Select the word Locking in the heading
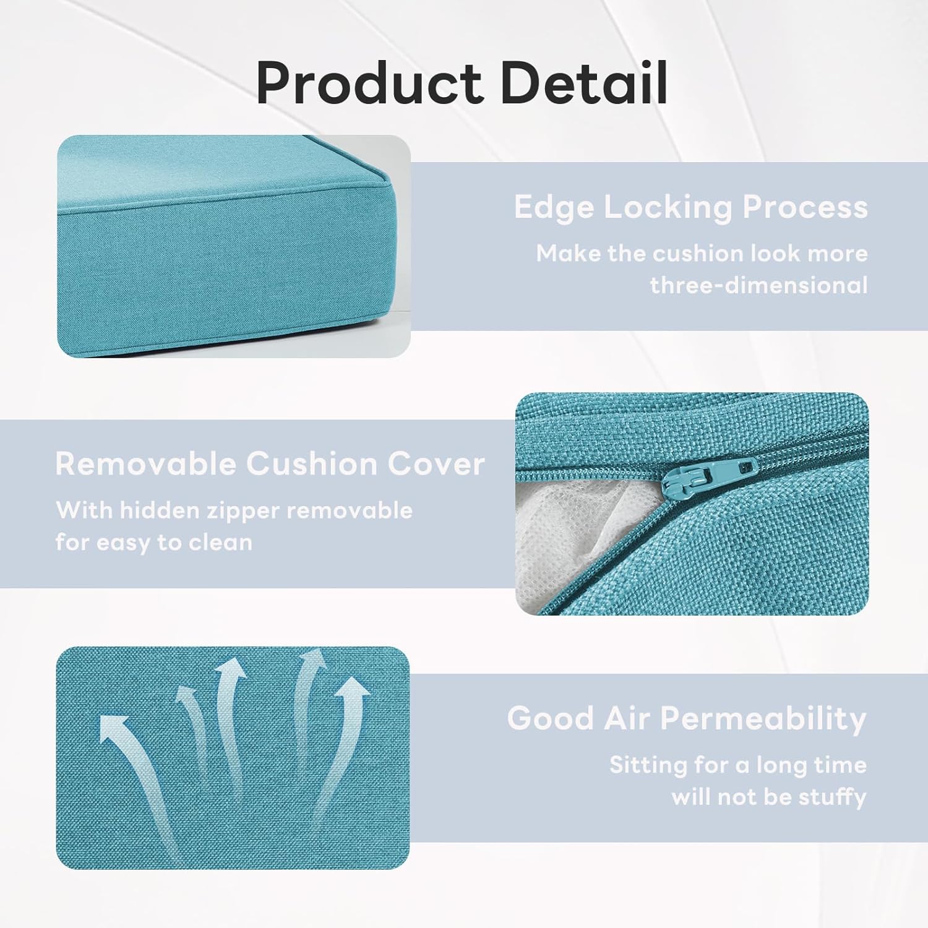(x=668, y=207)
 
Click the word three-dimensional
(x=758, y=285)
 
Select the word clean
(x=221, y=543)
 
